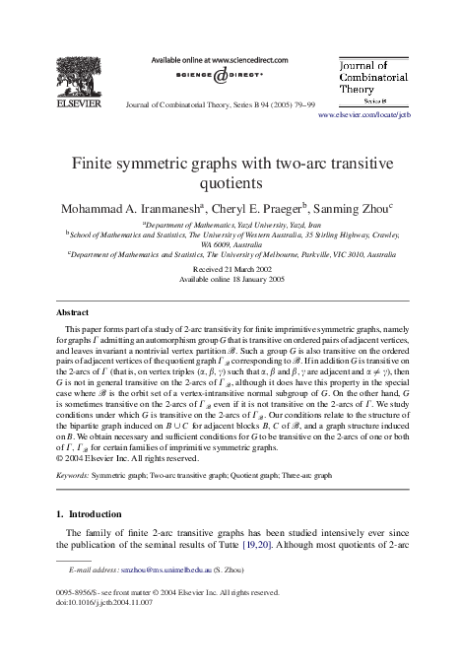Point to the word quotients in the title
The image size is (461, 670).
tap(230, 181)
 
